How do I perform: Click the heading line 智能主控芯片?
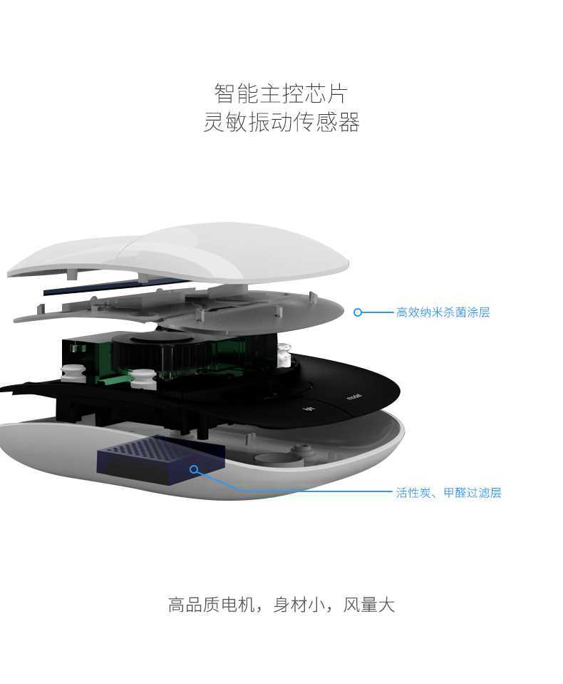click(281, 93)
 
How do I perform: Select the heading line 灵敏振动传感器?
click(281, 122)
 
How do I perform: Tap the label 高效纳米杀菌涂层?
click(443, 312)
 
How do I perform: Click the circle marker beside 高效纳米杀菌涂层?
click(358, 312)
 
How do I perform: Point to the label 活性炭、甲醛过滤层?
click(448, 493)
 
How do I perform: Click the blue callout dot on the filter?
click(194, 469)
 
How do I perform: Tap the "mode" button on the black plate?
click(354, 397)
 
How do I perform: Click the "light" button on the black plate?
click(309, 409)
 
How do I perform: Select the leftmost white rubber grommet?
click(73, 373)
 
